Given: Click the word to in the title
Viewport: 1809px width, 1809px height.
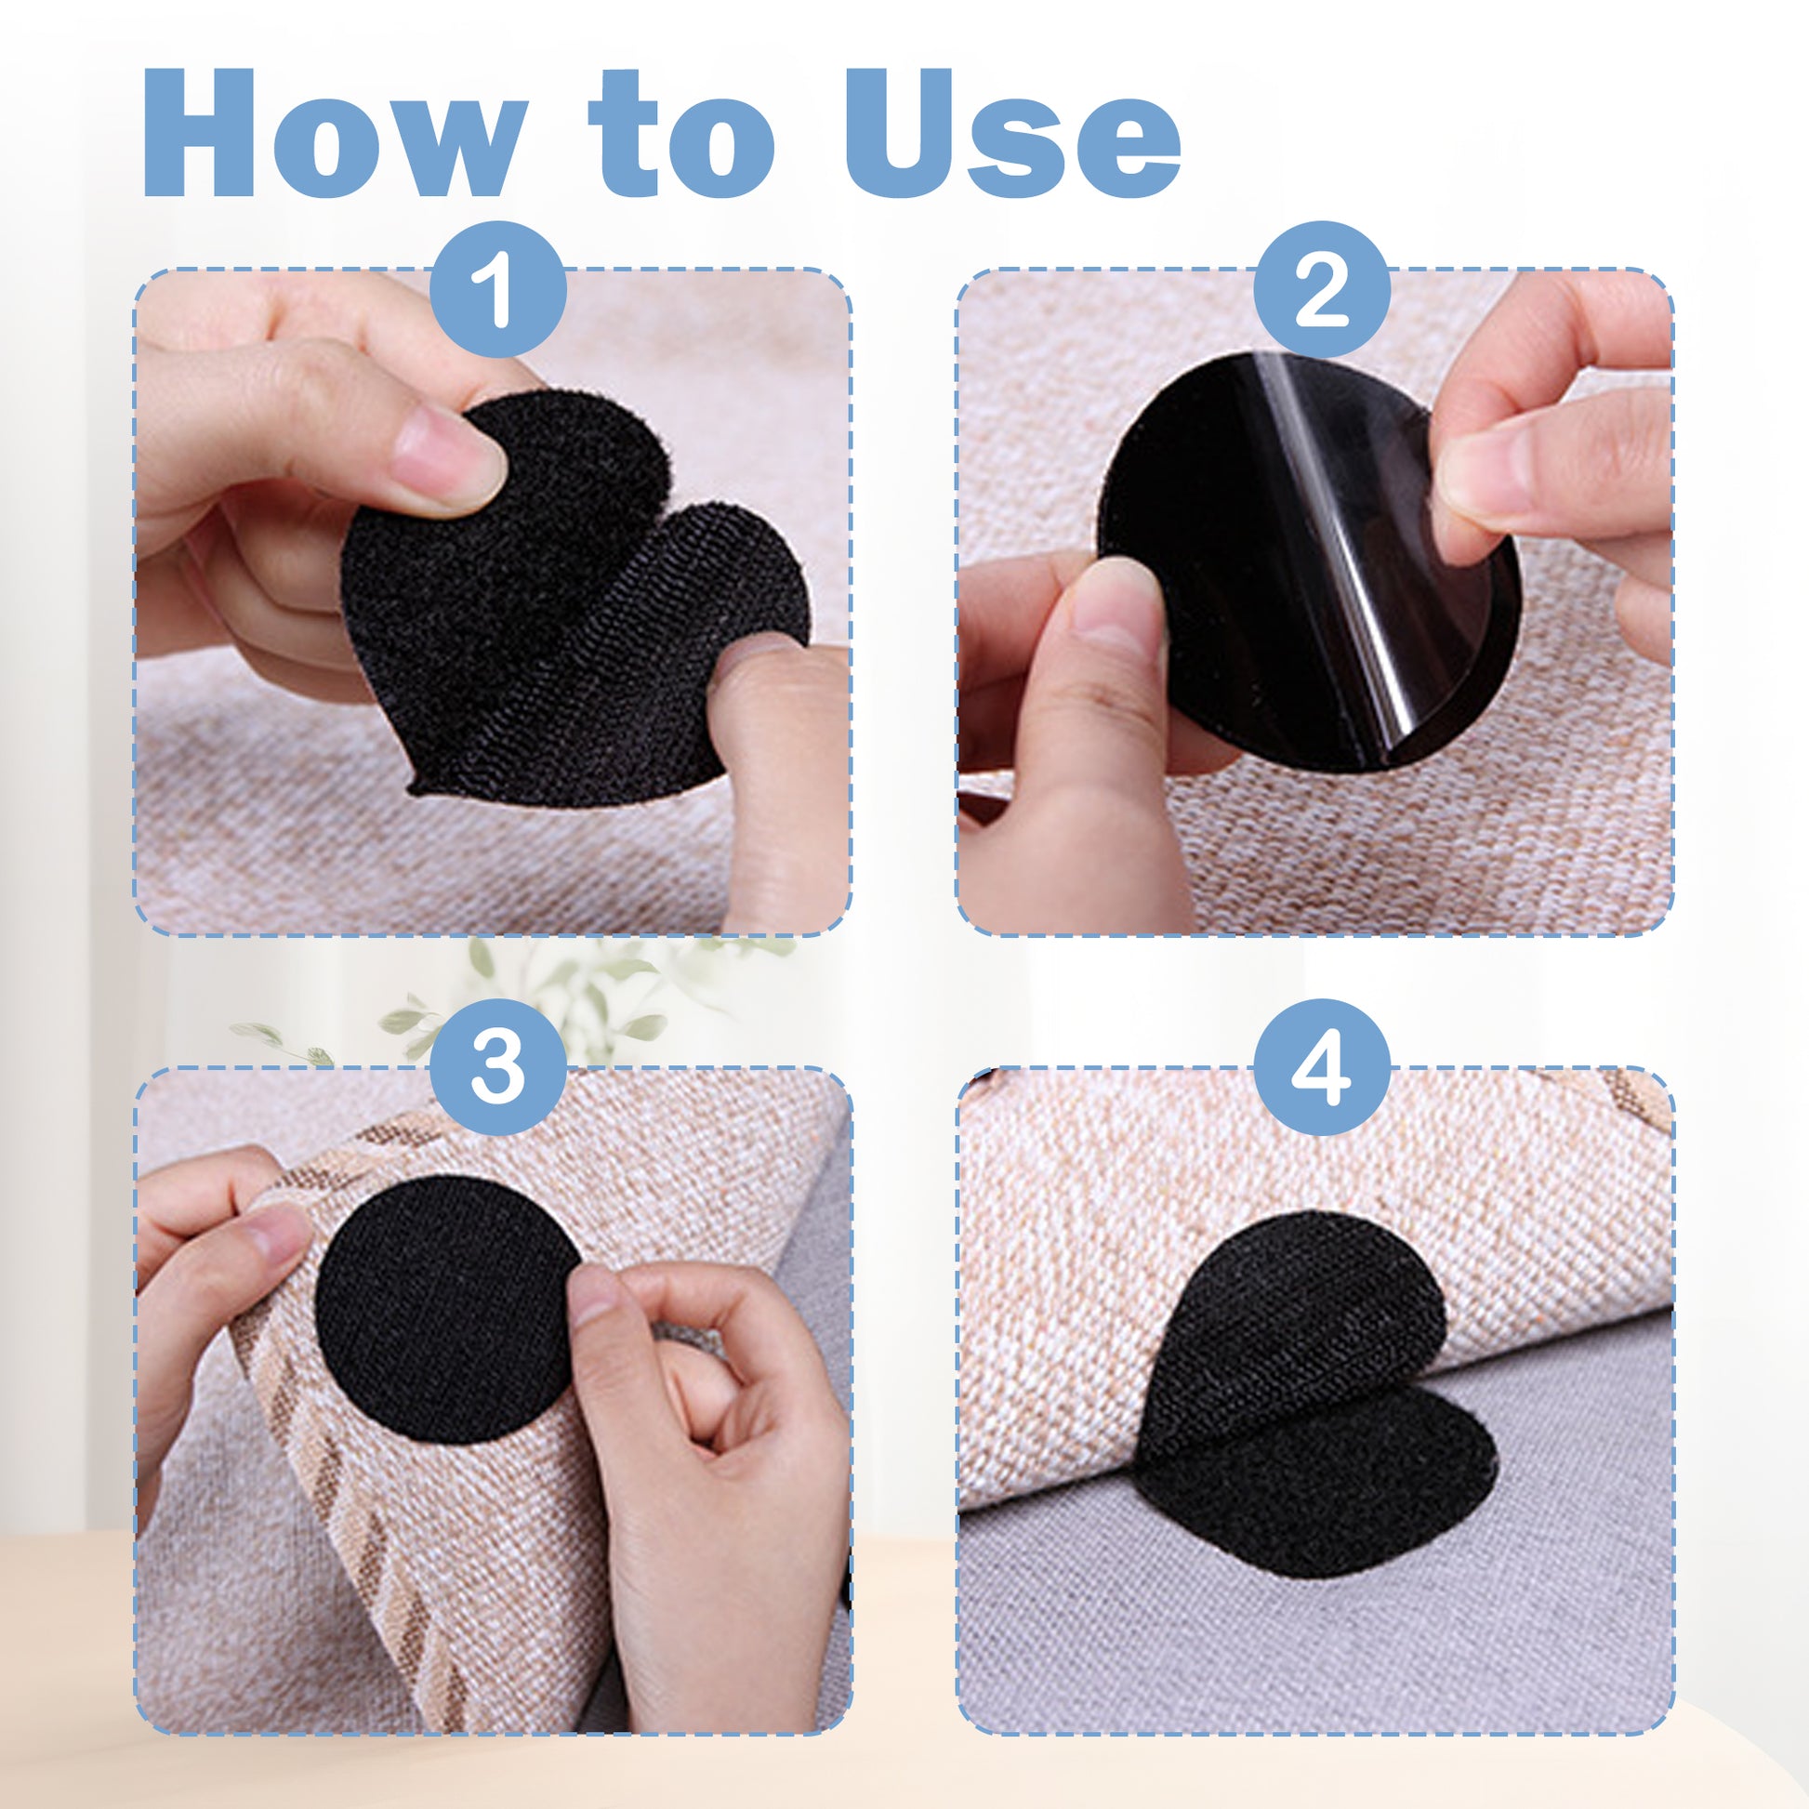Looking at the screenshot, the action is [x=680, y=134].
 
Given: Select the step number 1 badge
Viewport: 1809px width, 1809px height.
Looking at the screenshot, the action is [x=498, y=289].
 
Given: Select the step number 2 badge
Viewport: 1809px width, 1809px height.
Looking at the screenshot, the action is [x=1321, y=289].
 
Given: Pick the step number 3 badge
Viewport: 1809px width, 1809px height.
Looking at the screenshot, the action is [x=498, y=1066].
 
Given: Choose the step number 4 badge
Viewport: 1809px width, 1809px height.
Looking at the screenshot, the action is [x=1321, y=1066].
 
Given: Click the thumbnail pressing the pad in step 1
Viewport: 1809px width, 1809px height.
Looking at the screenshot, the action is [x=449, y=459].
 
